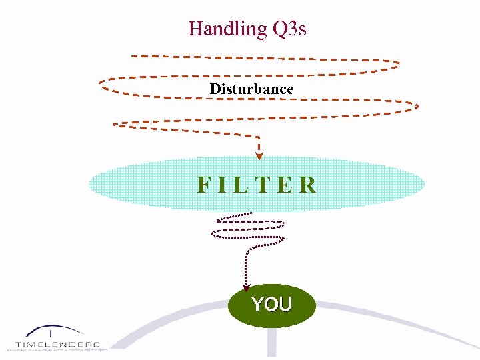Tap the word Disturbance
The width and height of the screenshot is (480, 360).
coord(251,89)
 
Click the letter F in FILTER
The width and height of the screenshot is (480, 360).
coord(204,185)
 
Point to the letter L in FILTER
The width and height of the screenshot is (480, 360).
coord(243,185)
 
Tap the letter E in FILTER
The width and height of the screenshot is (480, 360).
coord(285,185)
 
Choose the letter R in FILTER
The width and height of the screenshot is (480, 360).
coord(307,185)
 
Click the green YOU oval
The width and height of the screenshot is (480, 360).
coord(271,305)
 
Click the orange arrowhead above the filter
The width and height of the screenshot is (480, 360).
coord(259,157)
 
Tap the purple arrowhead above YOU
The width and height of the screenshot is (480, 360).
coord(246,288)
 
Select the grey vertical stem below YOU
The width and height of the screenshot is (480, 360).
coord(271,343)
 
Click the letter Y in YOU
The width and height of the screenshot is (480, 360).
coord(257,305)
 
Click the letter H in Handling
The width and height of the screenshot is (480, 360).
coord(195,29)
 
